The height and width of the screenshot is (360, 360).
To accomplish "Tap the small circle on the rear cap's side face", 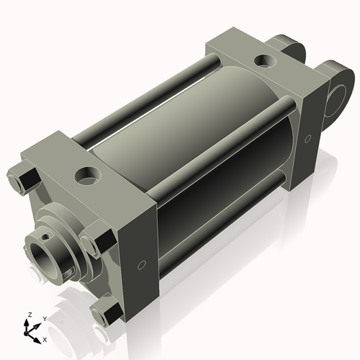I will coord(308,138).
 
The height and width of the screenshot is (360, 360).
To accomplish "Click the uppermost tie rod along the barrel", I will coord(144,102).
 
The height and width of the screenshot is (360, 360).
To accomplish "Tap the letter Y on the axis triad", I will coord(44,318).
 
